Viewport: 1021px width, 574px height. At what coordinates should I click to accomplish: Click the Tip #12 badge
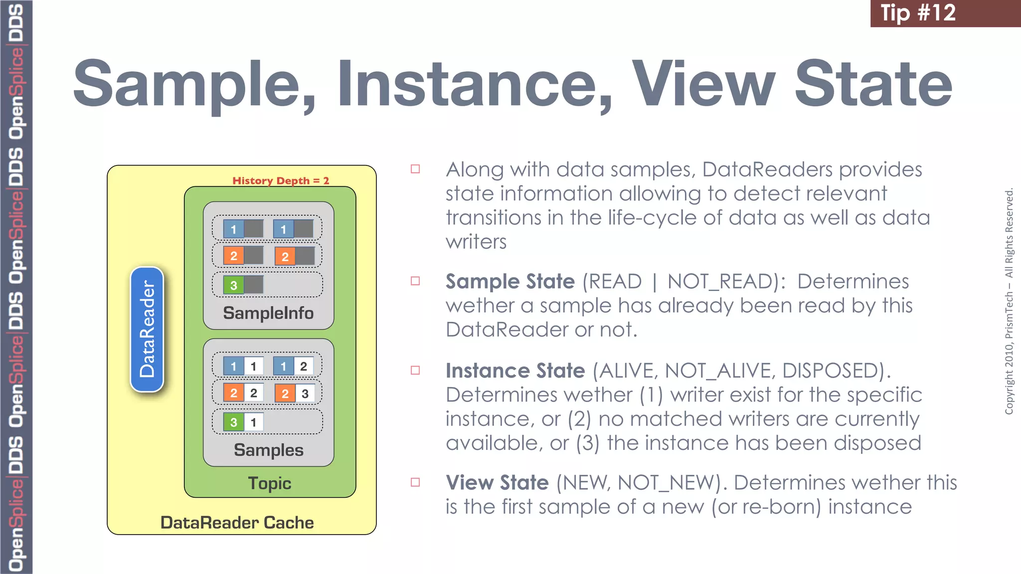[x=918, y=13]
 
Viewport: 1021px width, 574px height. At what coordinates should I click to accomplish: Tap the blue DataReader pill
[x=147, y=329]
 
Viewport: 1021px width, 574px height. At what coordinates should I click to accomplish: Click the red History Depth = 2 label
[x=281, y=180]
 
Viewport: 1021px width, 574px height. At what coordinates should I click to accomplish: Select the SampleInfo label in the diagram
[x=268, y=313]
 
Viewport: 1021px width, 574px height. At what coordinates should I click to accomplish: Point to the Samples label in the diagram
[x=268, y=450]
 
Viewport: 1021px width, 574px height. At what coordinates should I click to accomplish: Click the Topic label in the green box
[x=270, y=483]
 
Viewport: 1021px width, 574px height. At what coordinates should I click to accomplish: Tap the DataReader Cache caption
[x=237, y=523]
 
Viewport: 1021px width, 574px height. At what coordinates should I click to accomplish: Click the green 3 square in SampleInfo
[x=233, y=285]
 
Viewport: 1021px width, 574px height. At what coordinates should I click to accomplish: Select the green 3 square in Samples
[x=233, y=422]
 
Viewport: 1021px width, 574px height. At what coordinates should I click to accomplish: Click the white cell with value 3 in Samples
[x=305, y=394]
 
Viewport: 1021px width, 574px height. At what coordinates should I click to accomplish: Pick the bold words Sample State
[x=510, y=282]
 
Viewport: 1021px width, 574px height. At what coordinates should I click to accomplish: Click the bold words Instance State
[x=515, y=371]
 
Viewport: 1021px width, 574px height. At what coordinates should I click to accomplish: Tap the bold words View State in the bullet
[x=497, y=482]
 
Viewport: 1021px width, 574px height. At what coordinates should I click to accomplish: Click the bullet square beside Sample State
[x=415, y=281]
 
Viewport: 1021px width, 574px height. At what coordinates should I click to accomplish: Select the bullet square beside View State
[x=415, y=482]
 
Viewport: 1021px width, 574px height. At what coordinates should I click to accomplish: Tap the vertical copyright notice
[x=1009, y=301]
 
